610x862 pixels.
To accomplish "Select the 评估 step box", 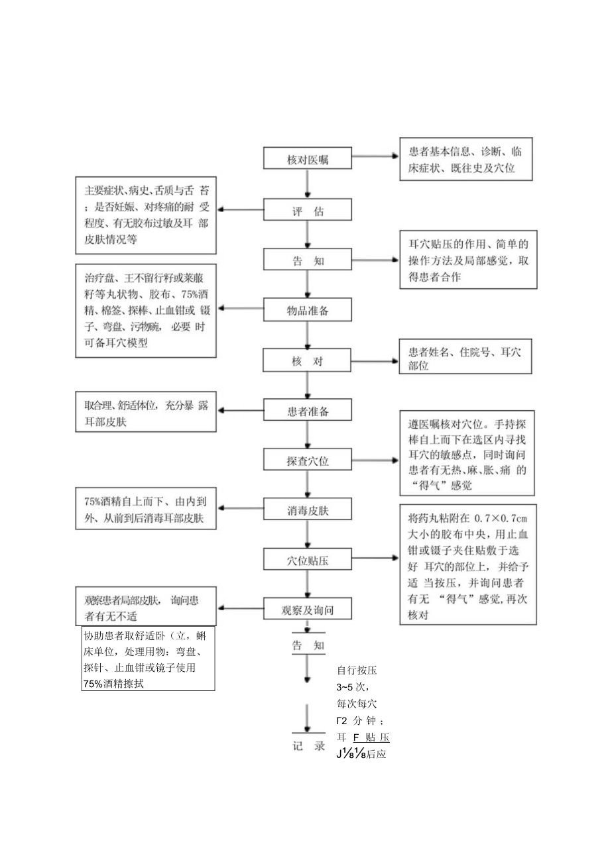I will [308, 209].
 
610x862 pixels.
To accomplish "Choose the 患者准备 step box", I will [308, 411].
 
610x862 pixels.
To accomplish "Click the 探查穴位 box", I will [308, 460].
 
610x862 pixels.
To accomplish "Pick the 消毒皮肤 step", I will [308, 510].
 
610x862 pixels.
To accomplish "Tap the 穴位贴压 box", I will [308, 560].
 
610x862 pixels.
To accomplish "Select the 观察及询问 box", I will [308, 608].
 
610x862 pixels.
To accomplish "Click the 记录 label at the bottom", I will [308, 745].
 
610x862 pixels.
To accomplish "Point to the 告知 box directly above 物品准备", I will [308, 260].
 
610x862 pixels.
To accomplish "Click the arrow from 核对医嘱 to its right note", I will [375, 158].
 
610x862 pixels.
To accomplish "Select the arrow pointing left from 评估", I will [242, 210].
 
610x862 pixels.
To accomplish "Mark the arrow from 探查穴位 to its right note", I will [375, 459].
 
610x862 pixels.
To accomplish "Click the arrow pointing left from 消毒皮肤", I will [242, 510].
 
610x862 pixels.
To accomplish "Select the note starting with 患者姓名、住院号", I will [467, 358].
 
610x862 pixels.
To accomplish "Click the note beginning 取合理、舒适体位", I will [146, 413].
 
